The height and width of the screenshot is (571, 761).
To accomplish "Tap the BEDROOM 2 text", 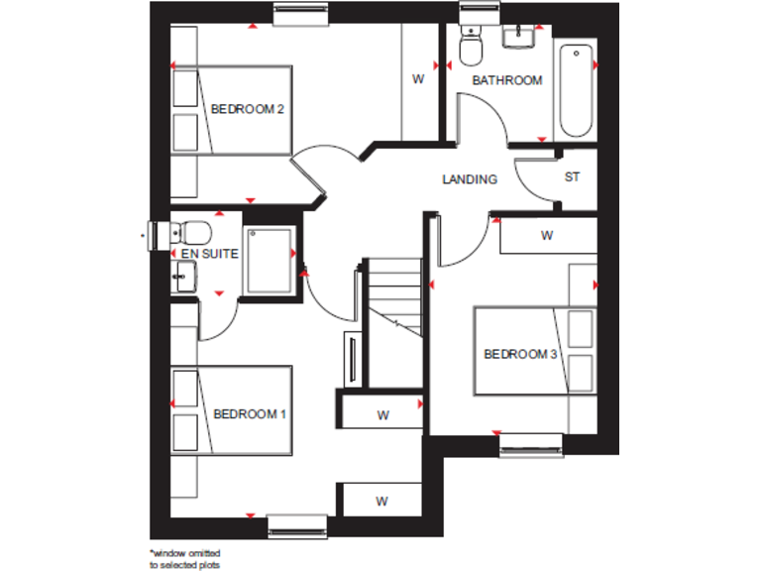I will (248, 109).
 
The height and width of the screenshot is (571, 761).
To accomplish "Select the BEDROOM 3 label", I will (520, 354).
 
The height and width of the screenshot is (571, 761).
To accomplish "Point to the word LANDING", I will (469, 179).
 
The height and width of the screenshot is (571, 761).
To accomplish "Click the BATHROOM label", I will (506, 80).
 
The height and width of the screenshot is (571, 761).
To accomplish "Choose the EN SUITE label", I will (209, 254).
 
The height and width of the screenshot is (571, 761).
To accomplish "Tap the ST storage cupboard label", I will (572, 177).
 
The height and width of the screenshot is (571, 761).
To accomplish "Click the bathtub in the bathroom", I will (577, 89).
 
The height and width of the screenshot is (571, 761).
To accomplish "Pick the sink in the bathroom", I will (518, 38).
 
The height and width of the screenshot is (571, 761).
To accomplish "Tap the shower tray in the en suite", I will (269, 260).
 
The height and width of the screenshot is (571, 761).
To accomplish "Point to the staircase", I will (393, 297).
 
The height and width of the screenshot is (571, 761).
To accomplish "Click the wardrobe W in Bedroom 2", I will (418, 79).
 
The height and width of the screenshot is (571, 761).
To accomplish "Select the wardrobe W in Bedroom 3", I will (546, 236).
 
